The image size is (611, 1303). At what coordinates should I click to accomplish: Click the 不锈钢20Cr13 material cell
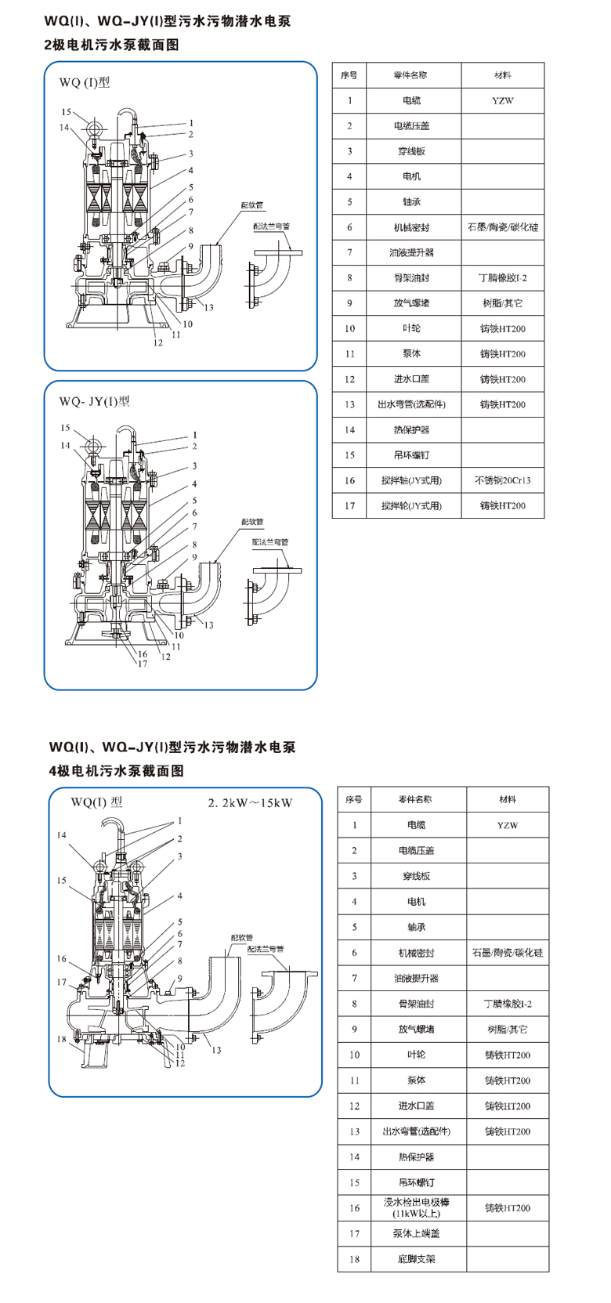coord(502,480)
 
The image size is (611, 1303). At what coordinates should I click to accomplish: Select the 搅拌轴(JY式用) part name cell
coord(411,480)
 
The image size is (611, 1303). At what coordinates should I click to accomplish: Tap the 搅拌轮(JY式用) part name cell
coord(411,505)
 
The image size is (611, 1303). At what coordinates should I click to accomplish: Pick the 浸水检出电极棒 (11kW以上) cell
coord(416,1207)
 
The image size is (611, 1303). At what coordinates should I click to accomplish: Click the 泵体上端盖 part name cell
coord(416,1233)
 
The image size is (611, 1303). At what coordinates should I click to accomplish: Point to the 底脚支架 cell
coord(416,1259)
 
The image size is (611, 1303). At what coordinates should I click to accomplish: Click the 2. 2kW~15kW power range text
coord(250,802)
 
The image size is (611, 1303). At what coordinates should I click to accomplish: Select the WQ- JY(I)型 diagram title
coord(94,401)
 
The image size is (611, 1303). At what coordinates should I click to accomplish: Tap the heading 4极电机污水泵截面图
coord(117,771)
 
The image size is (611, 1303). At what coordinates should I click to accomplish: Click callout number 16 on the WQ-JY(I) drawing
coord(143,654)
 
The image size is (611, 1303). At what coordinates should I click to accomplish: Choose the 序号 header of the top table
coord(349,75)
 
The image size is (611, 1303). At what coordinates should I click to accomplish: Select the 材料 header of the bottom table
coord(508,799)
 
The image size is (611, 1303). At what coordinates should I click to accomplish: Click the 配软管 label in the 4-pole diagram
coord(242,937)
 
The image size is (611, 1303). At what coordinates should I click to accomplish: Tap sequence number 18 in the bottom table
coord(354,1259)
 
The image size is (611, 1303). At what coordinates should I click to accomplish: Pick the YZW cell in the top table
coord(502,100)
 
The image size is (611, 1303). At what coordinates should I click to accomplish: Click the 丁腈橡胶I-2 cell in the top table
coord(502,277)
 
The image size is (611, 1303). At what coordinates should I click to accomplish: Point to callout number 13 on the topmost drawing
coord(208,307)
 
